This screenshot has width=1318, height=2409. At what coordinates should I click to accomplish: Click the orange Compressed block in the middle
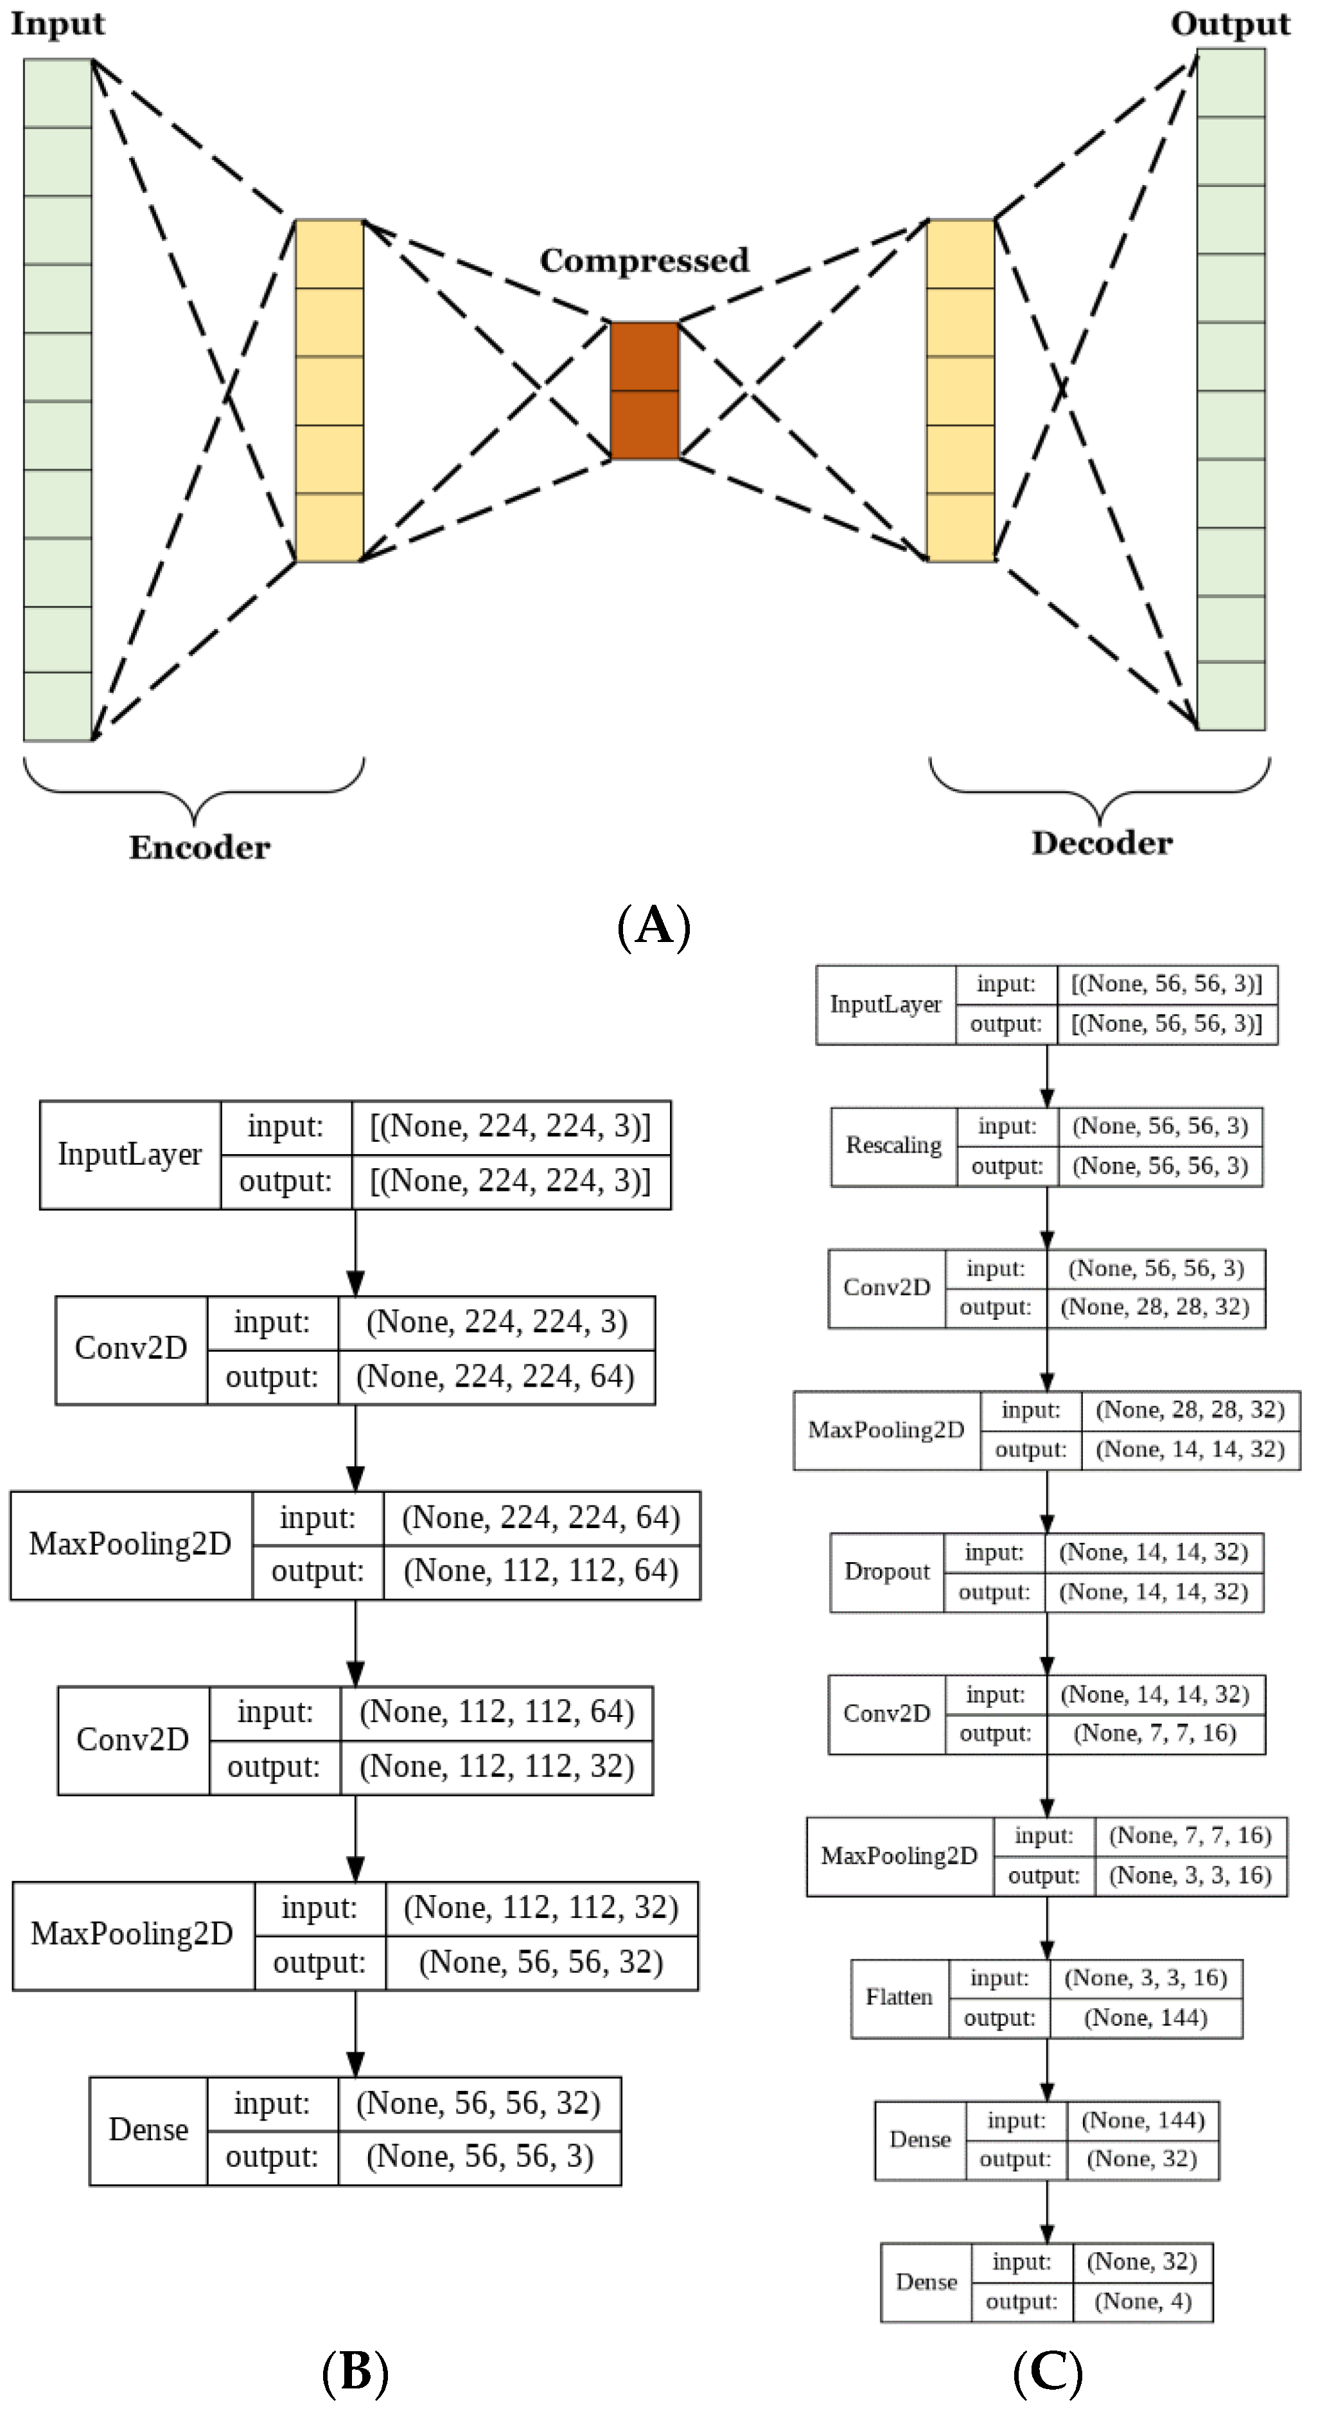pos(644,390)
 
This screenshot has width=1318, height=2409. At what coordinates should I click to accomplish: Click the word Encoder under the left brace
pos(199,848)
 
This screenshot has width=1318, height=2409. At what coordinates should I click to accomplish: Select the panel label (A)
pos(653,926)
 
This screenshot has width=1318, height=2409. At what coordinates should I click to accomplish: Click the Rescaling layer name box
pos(893,1146)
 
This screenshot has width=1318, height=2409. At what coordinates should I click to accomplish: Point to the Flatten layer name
pos(899,1998)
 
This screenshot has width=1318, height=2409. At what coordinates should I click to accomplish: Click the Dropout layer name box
pos(886,1572)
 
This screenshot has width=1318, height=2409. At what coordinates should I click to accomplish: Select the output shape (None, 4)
pos(1142,2302)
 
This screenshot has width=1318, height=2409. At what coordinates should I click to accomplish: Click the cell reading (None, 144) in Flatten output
pos(1145,2018)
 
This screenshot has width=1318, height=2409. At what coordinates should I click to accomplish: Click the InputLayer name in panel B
pos(130,1154)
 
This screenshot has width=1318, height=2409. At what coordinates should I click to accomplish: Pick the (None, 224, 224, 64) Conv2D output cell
pos(495,1376)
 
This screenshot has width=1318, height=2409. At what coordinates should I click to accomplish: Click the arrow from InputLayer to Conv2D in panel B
pos(355,1253)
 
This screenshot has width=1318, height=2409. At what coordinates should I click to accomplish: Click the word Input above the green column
pos(57,23)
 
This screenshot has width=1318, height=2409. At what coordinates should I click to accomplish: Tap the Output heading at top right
pos(1229,23)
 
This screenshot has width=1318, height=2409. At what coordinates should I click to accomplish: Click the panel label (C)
pos(1047,2372)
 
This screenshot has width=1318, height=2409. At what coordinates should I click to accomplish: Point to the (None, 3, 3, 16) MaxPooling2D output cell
pos(1190,1876)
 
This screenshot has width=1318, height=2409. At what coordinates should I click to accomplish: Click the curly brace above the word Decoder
pos(1099,790)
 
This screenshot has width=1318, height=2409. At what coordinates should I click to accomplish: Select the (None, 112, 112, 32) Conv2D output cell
pos(496,1766)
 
